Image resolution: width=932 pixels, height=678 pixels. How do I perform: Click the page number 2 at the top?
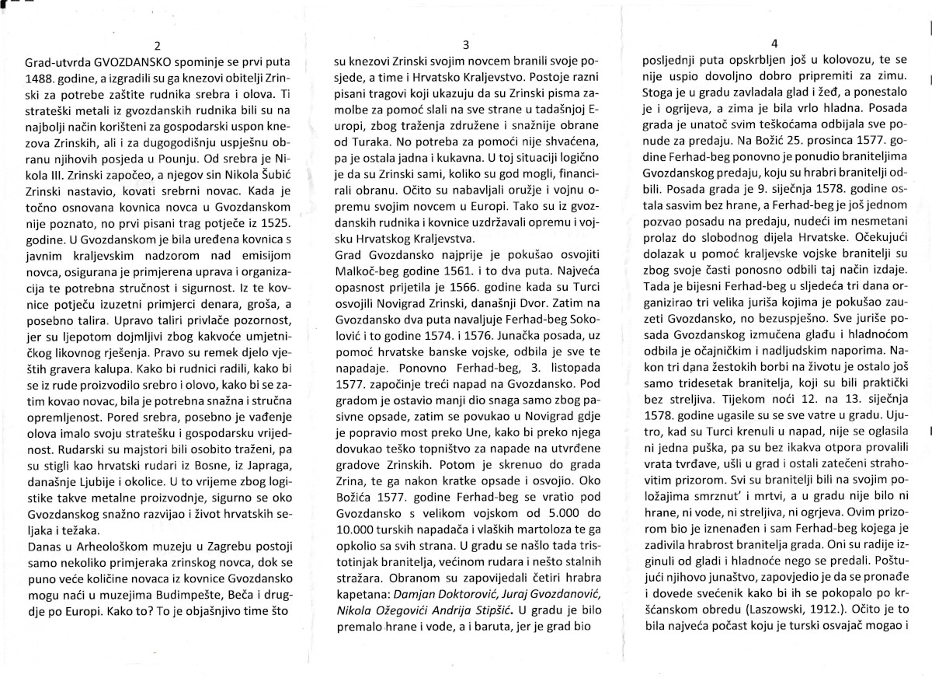(158, 44)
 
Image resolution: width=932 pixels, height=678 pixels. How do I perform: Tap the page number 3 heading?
(465, 44)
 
